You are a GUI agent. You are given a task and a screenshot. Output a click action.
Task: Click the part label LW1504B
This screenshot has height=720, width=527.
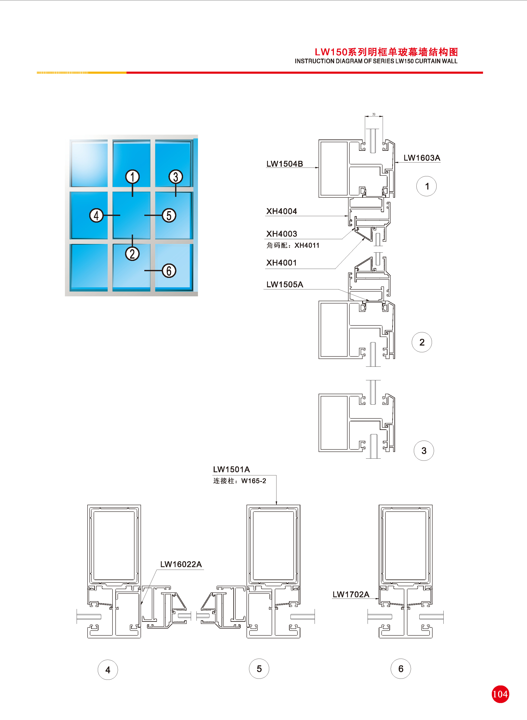285,164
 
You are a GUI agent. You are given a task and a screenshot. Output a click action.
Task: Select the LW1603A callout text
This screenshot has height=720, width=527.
422,158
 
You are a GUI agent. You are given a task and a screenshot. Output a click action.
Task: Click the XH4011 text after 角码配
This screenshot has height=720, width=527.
307,245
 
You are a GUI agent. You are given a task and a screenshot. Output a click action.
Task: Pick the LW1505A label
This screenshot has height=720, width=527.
285,284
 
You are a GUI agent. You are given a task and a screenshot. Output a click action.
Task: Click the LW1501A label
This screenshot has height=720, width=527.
231,469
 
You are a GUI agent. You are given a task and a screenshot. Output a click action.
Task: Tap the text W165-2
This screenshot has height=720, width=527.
254,481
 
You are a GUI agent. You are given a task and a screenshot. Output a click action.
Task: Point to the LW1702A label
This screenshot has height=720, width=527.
351,594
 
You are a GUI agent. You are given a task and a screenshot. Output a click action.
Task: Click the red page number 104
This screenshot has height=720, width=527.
500,694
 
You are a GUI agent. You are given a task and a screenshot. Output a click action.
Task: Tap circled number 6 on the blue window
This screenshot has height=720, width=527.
169,271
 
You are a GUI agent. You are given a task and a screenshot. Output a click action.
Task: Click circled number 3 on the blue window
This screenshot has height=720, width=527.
176,177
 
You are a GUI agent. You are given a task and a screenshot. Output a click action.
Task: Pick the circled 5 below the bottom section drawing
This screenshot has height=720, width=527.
259,669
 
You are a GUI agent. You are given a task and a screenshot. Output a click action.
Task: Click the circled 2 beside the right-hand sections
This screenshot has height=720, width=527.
422,342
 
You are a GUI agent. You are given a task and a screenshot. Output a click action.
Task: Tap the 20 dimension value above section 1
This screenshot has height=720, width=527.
374,114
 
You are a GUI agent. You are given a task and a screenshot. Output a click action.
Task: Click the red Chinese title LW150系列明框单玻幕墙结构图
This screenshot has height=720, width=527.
386,52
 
